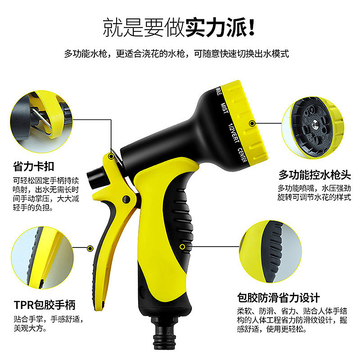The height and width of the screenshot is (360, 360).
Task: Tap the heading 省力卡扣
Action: pyautogui.click(x=34, y=166)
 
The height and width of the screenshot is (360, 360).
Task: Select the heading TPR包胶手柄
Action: pyautogui.click(x=44, y=305)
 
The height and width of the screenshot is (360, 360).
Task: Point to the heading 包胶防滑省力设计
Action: pyautogui.click(x=279, y=297)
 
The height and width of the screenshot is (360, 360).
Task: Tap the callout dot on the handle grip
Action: pyautogui.click(x=182, y=246)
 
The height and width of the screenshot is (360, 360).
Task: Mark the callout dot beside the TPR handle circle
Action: pyautogui.click(x=90, y=248)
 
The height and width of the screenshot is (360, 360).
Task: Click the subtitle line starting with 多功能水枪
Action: pyautogui.click(x=176, y=54)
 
